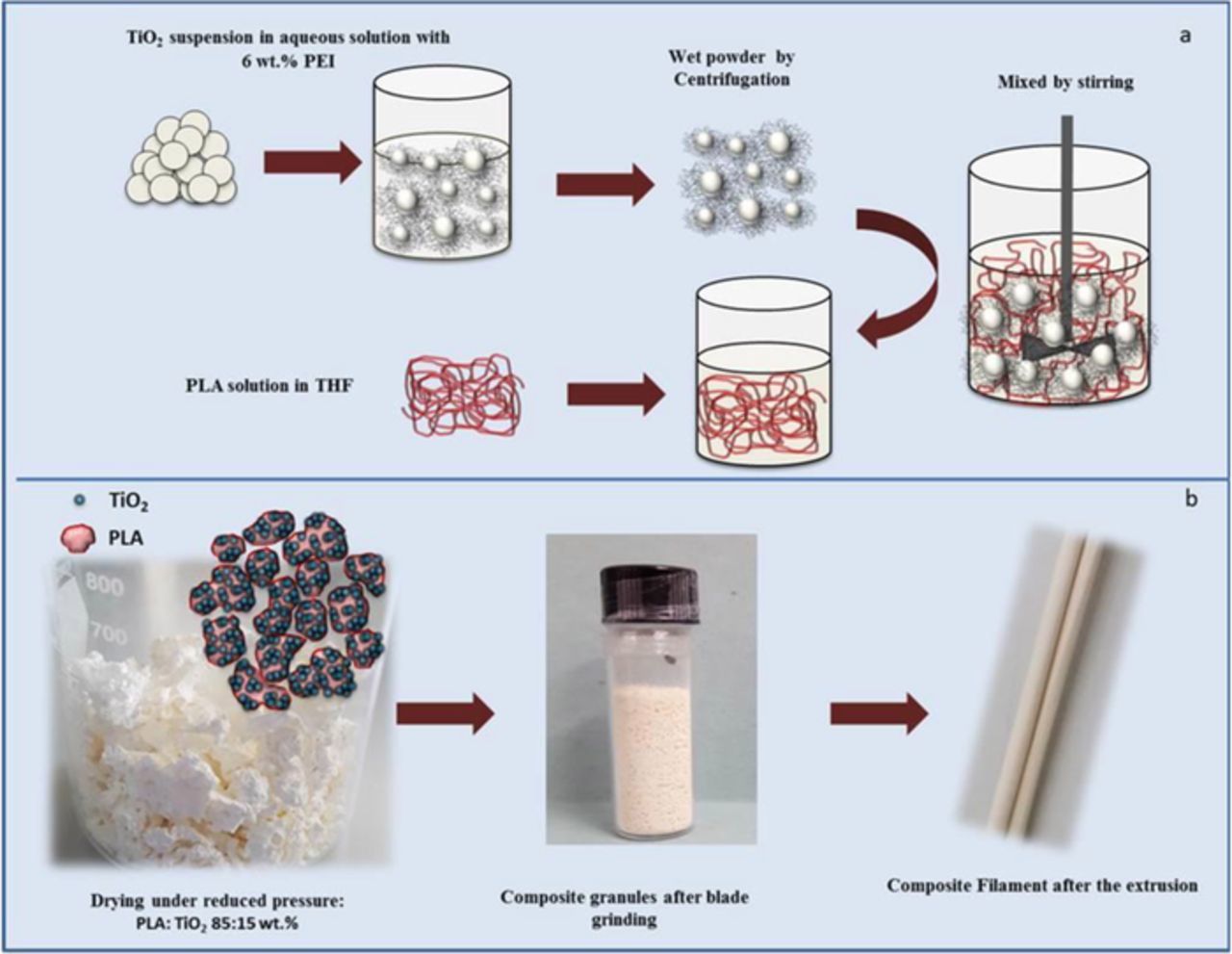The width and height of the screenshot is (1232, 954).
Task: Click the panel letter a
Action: coord(1185,36)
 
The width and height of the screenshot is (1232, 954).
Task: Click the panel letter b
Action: coord(1191,499)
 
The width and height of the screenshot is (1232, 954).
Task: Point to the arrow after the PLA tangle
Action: coord(616,393)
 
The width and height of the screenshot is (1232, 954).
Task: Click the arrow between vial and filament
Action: coord(879,714)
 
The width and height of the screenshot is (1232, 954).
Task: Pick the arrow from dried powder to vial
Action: coord(444,714)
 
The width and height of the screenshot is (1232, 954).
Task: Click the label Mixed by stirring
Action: coord(1065,83)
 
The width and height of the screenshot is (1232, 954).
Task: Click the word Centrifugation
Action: coord(731,79)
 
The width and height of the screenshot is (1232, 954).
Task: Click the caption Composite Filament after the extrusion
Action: coord(1042,885)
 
